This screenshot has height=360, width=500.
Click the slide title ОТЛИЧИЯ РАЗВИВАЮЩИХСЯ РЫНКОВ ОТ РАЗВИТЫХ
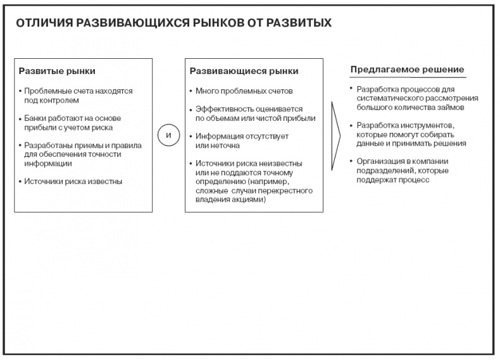coord(173,23)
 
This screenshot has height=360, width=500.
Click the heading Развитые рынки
coord(57,71)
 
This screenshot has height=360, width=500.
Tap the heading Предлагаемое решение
coord(408,69)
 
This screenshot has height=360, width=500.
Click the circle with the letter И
coord(168,136)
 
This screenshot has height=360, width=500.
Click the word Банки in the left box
coord(35,118)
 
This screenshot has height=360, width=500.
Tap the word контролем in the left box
coord(56,100)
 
